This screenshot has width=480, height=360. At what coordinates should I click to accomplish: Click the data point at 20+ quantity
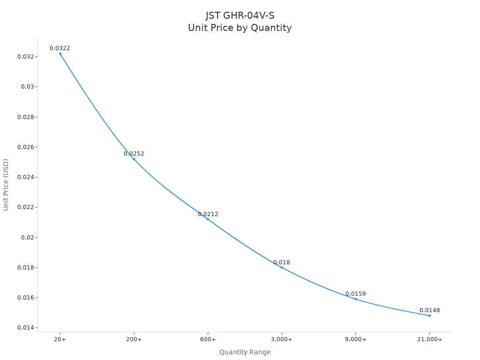pos(60,53)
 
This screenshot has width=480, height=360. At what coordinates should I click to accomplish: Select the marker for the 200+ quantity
pos(134,159)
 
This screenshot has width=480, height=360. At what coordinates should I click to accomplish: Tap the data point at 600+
pos(208,219)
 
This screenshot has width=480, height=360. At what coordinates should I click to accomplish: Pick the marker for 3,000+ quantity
pos(282,267)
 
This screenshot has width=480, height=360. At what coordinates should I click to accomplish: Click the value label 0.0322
pos(60,48)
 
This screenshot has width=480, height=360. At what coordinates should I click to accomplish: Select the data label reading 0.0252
pos(134,154)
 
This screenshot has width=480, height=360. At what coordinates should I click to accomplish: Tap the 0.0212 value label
pos(208,214)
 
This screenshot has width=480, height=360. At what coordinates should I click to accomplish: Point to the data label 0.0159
pos(356,294)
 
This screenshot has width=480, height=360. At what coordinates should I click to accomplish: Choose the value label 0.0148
pos(429,310)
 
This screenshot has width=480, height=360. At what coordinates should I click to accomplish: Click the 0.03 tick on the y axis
pos(27,87)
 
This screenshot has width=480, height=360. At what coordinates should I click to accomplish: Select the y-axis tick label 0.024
pos(25,177)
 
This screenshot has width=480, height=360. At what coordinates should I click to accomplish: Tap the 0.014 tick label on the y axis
pos(25,328)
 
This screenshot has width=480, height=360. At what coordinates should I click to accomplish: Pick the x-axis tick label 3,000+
pos(282,339)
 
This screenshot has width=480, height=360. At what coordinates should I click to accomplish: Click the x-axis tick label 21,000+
pos(429,339)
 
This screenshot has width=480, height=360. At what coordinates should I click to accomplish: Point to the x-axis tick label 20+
pos(60,339)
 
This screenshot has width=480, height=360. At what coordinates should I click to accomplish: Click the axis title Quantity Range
pos(245,352)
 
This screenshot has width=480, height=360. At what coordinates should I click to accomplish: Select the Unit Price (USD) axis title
pos(6,185)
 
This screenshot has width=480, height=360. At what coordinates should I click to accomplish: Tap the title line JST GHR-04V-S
pos(240,16)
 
